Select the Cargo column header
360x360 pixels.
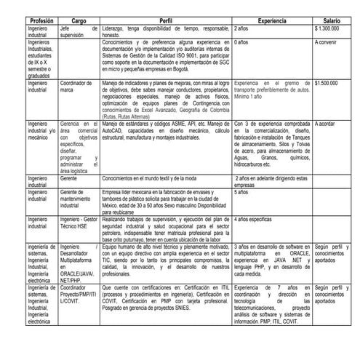tap(79, 21)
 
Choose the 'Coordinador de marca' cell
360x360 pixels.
tap(79, 87)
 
